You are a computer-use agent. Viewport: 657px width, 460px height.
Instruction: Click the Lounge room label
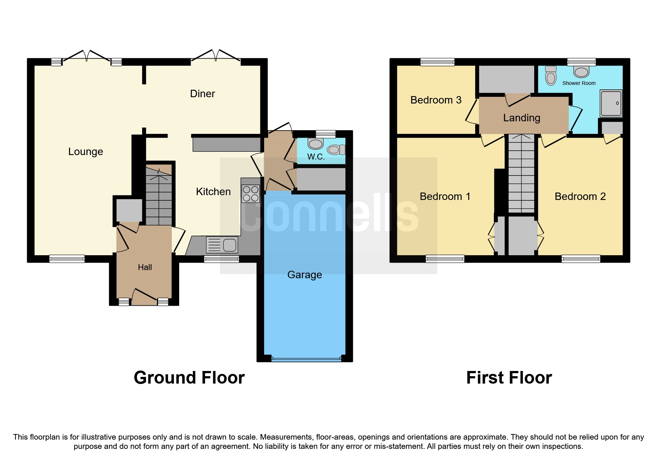coord(85,152)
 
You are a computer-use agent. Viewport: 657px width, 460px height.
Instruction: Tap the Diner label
coord(202,94)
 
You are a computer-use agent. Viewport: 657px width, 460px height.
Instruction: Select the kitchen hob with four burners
coord(251,194)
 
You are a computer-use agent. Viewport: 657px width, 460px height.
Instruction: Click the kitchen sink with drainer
coord(222,245)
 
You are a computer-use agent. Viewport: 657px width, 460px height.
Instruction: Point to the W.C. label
coord(316,157)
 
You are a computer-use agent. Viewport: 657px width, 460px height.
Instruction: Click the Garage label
coord(305,275)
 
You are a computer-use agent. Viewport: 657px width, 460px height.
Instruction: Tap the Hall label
coord(145,267)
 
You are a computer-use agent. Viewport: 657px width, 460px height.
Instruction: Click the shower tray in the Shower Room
coord(611,103)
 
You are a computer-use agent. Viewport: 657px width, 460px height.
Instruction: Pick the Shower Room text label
coord(579,83)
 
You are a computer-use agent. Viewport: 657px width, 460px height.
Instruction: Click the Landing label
coord(521,118)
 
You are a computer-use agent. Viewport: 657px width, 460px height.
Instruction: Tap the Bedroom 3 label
coord(436,100)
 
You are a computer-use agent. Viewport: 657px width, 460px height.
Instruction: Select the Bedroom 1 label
coord(445,197)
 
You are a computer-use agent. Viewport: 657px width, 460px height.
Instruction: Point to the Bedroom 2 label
coord(580,197)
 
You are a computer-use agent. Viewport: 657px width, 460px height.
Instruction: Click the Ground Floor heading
coord(189,378)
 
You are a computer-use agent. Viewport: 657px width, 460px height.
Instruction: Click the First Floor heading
coord(509,378)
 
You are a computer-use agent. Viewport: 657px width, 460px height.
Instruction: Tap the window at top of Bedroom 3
coord(437,62)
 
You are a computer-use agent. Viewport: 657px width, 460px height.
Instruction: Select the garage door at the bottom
coord(306,359)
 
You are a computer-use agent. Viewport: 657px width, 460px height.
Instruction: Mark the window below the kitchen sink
coord(221,259)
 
